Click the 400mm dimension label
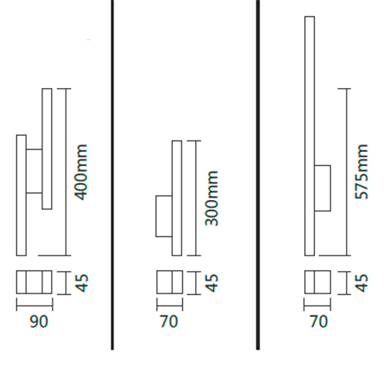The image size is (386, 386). pos(81,172)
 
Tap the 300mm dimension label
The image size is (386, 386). pos(212,198)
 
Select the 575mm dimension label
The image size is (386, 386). pos(361,172)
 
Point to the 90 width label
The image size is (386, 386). pos(39,321)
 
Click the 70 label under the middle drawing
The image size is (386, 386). pos(169,321)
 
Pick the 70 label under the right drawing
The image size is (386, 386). pos(319,321)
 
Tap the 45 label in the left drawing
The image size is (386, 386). pos(83,283)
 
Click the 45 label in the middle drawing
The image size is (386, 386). pos(212,283)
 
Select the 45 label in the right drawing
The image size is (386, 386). pos(362,283)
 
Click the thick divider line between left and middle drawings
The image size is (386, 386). pos(112,175)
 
